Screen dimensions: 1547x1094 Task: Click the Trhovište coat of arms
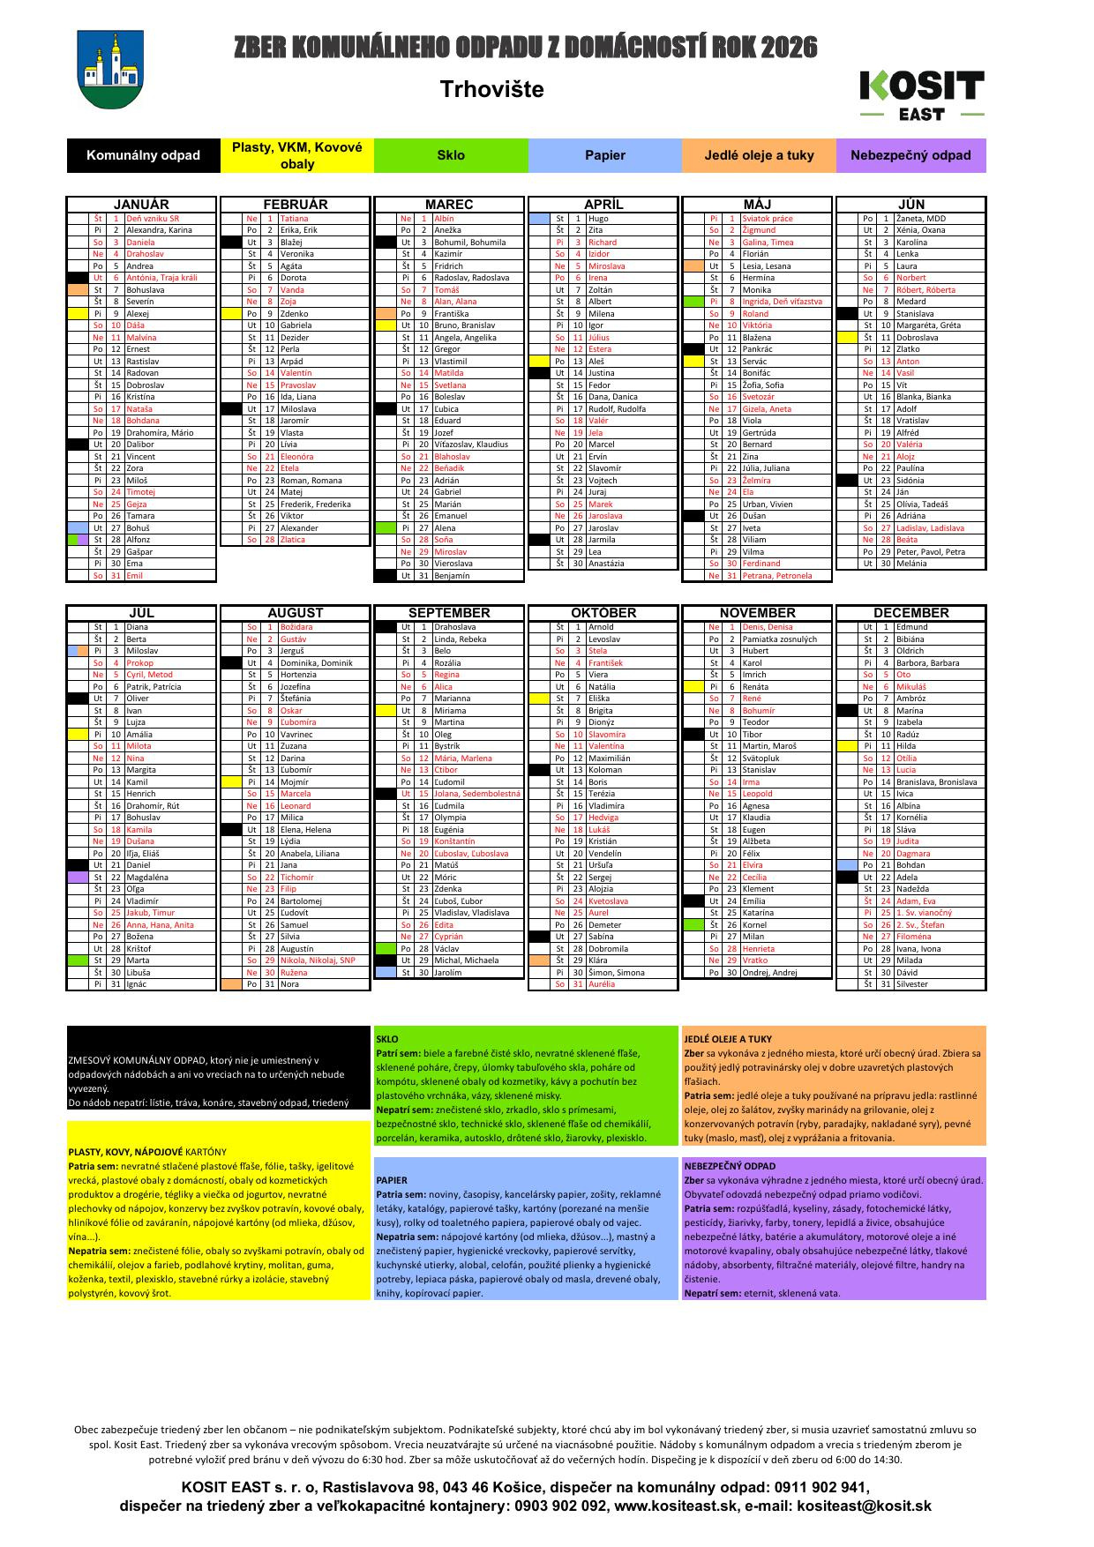(110, 70)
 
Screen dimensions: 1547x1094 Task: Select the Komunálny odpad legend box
(143, 155)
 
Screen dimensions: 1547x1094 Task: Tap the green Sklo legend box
(451, 155)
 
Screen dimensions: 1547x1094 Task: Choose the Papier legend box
(604, 155)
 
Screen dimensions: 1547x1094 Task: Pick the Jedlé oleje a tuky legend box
(759, 155)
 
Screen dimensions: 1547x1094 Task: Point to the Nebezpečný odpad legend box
(910, 155)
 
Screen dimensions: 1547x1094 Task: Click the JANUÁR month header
(141, 205)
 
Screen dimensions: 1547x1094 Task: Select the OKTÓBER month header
(603, 613)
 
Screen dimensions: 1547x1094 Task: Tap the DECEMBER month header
(911, 613)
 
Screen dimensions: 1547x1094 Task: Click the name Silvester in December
(912, 984)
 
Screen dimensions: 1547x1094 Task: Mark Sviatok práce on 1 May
(768, 219)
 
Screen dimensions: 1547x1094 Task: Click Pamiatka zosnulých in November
(780, 639)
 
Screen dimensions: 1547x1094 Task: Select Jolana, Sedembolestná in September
(477, 794)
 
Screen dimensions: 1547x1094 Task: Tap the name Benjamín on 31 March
(452, 576)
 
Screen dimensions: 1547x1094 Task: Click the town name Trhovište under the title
(491, 89)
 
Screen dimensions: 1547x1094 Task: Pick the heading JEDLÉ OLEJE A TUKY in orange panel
(728, 1039)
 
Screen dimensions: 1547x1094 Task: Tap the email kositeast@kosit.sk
(864, 1506)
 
